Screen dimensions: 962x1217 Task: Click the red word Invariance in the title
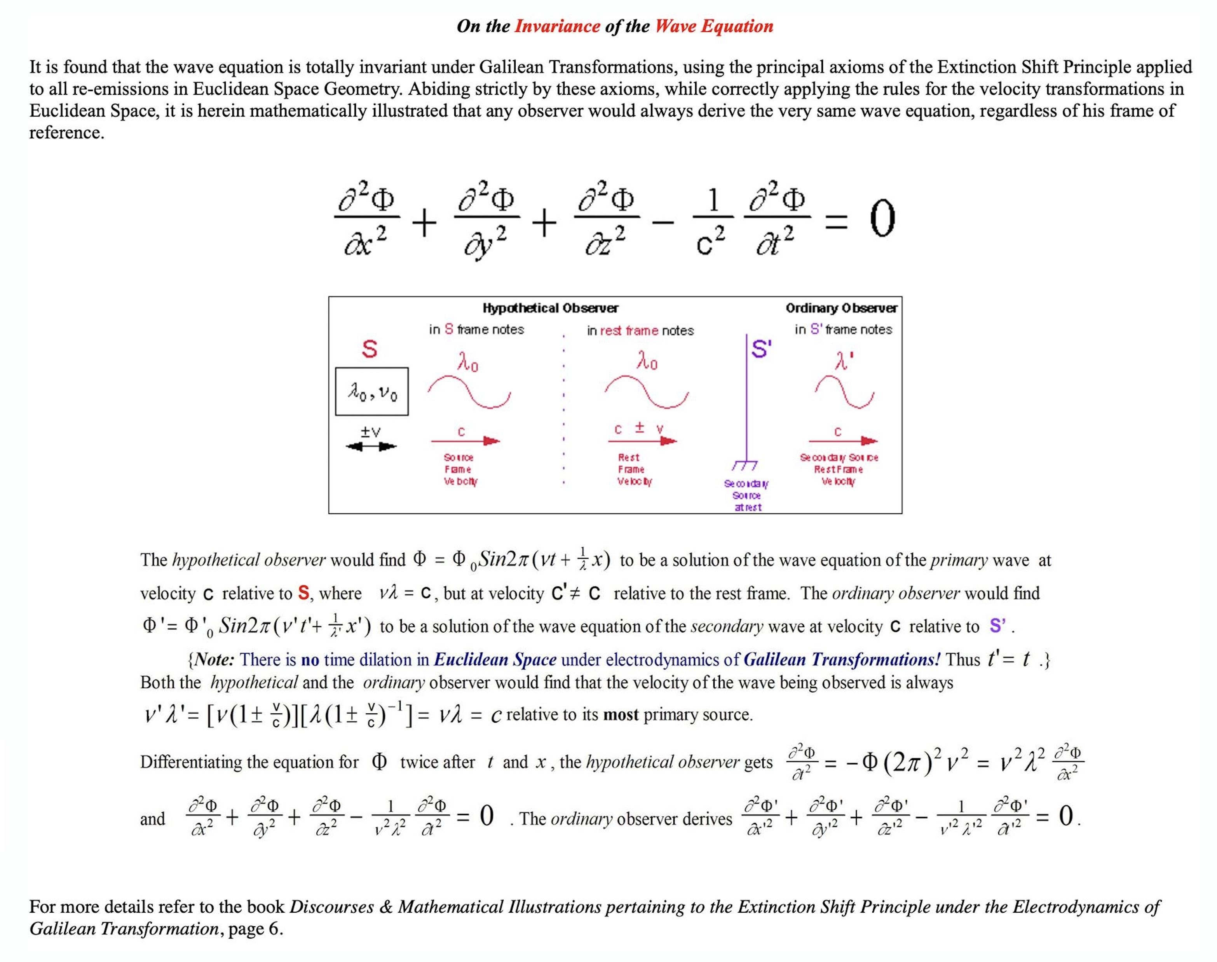coord(557,26)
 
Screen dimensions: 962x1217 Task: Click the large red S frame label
coord(370,349)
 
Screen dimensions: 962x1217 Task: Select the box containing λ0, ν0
coord(372,392)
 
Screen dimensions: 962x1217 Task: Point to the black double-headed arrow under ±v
coord(371,446)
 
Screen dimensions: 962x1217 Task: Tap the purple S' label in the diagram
coord(761,349)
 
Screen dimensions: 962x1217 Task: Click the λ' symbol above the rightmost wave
coord(843,361)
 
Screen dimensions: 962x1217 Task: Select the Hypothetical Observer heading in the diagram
coord(550,308)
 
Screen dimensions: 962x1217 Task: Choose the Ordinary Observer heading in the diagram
coord(841,308)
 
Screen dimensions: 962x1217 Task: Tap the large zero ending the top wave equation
coord(882,220)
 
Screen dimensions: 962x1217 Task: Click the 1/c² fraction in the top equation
coord(713,220)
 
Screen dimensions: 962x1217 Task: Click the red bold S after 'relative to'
coord(303,593)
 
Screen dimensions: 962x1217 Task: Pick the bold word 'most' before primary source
coord(621,715)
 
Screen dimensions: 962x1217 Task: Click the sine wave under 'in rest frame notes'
coord(647,392)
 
